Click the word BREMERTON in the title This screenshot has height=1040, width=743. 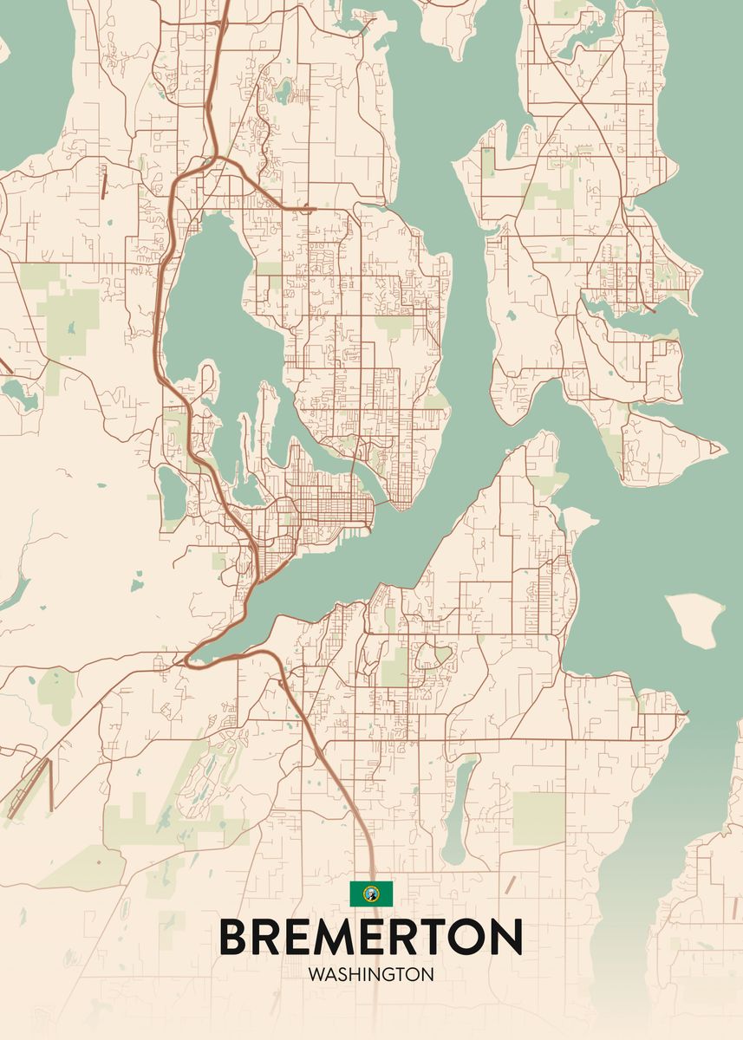(x=370, y=936)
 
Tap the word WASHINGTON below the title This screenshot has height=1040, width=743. (x=370, y=974)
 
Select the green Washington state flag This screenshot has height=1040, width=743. (x=371, y=893)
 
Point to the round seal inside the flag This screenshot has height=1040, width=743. (x=371, y=893)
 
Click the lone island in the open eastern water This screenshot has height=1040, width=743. (x=696, y=618)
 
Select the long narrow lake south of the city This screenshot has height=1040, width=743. (x=458, y=810)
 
